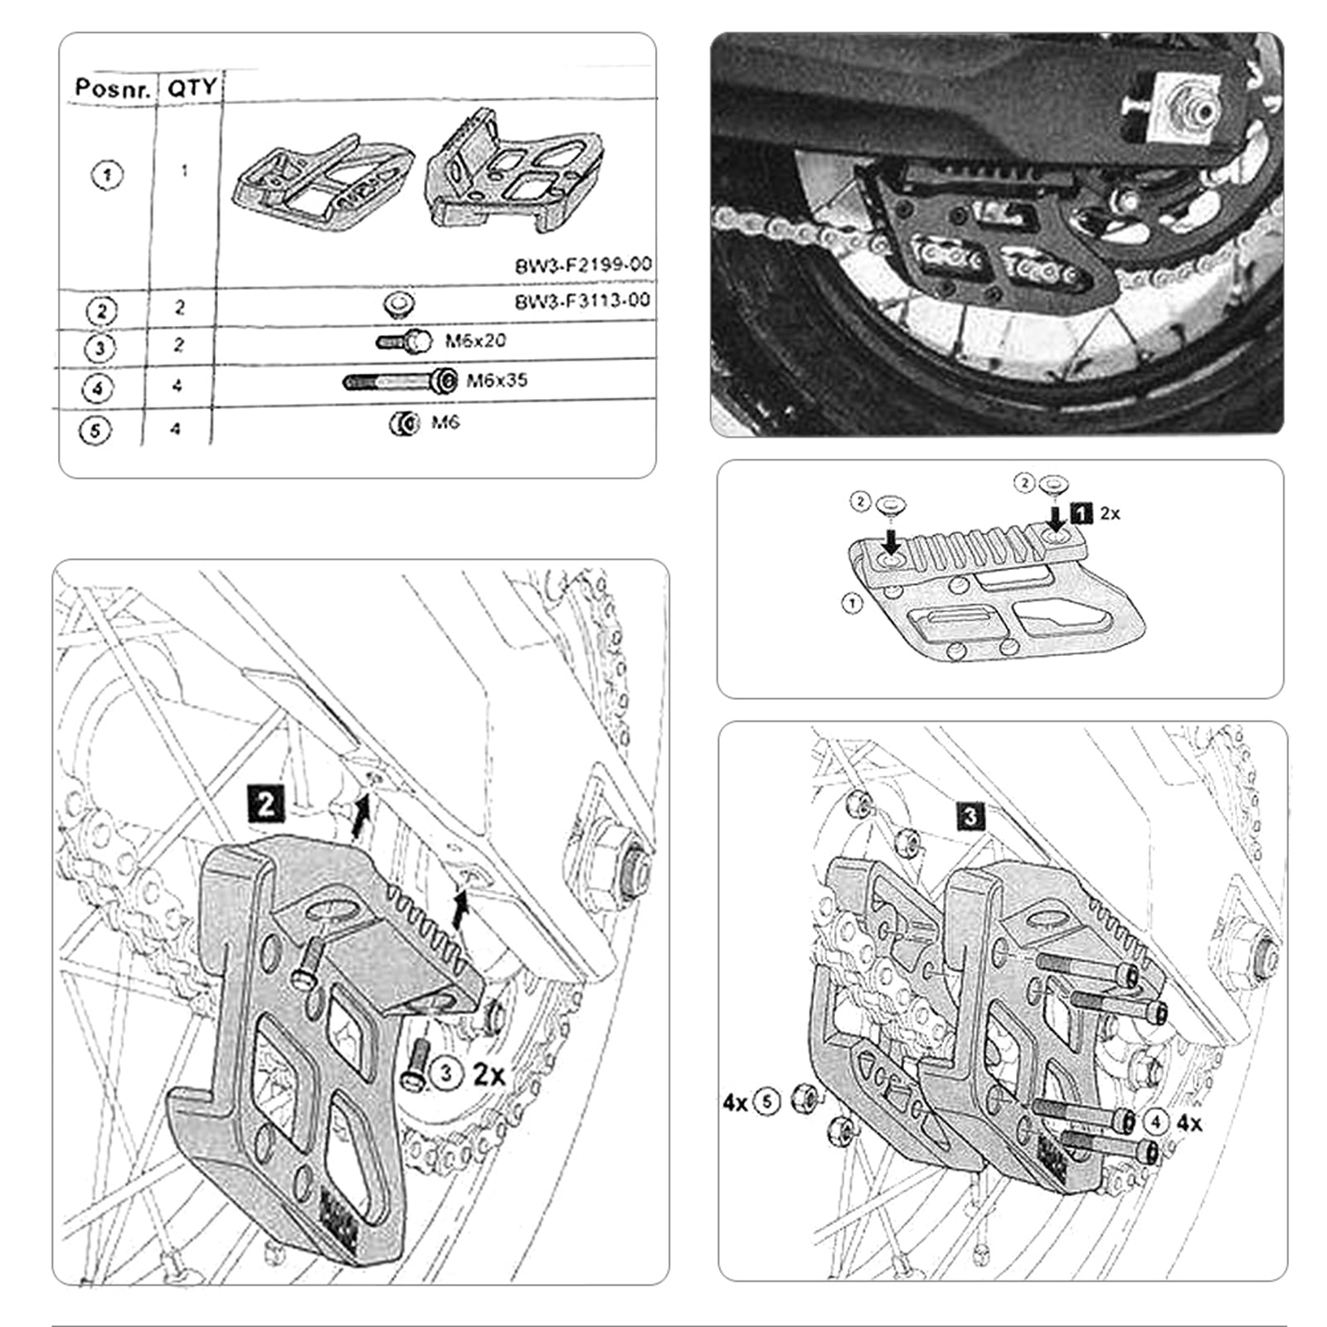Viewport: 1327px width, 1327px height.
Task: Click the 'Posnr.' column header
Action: point(113,87)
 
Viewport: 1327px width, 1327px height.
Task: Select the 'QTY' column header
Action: point(192,87)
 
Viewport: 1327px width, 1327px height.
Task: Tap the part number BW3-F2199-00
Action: point(583,265)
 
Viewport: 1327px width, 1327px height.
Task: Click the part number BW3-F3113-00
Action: point(582,300)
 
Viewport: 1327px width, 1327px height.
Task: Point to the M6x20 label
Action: point(475,340)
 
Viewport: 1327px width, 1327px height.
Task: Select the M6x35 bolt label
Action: point(496,381)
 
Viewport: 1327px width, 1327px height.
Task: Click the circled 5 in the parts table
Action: point(95,431)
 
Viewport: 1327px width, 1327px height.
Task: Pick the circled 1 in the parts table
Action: point(105,175)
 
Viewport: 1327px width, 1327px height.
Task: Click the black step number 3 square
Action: point(970,816)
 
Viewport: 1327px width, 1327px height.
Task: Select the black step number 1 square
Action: point(1082,513)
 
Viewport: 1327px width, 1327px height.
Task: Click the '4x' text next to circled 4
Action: point(1188,1123)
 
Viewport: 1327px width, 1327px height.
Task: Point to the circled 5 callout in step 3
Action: point(768,1102)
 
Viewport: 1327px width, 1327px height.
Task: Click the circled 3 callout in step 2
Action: point(447,1073)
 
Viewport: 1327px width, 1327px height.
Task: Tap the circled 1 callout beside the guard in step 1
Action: point(853,604)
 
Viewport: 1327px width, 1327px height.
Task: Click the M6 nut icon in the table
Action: point(403,424)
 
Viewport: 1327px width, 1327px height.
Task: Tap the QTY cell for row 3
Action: point(179,344)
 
